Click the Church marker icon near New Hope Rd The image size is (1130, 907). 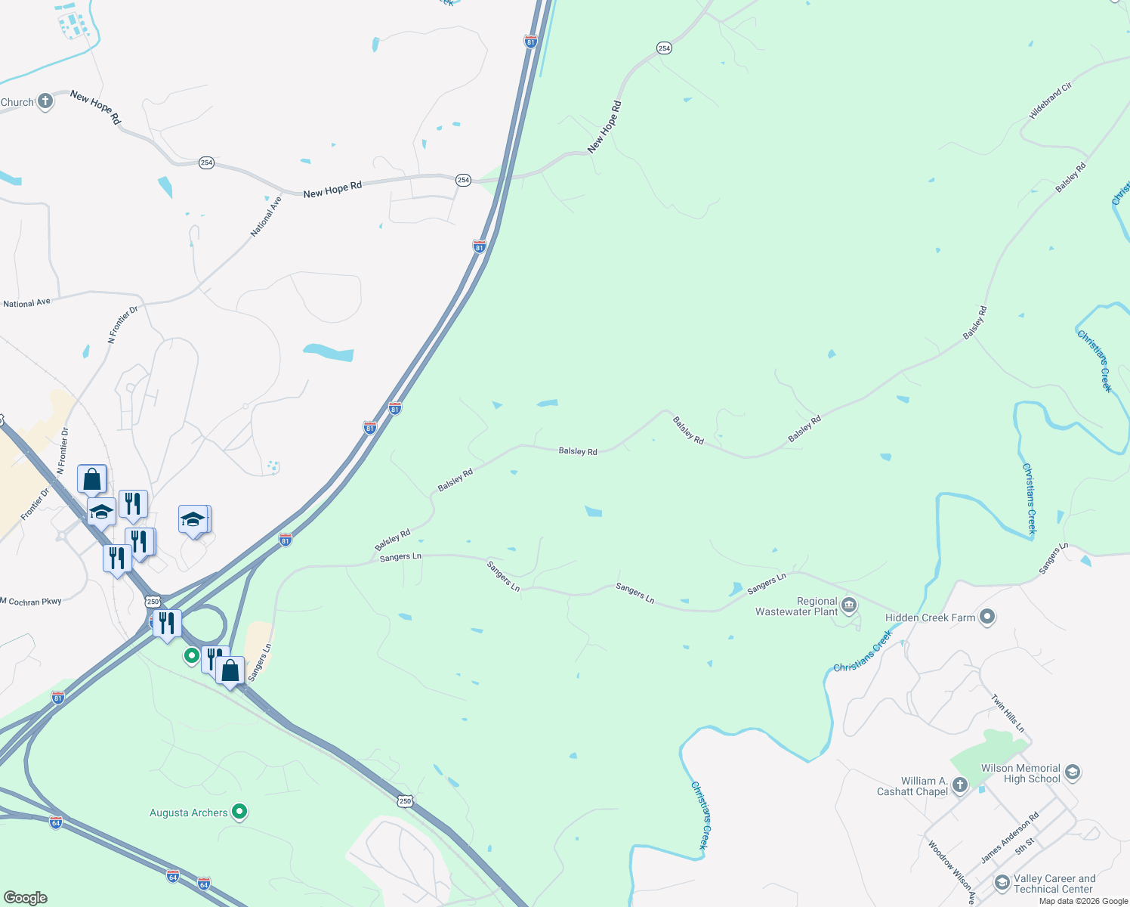click(x=45, y=101)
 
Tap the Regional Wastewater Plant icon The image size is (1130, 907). click(x=849, y=605)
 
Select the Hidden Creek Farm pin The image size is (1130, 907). click(x=987, y=617)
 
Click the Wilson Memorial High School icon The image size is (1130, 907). click(x=1073, y=772)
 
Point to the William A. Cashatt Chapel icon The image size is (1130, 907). click(x=960, y=785)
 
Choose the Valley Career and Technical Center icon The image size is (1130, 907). click(x=1002, y=882)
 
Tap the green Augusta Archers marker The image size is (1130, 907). click(x=239, y=812)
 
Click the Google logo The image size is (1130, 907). click(x=26, y=898)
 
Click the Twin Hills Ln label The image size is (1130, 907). click(x=1008, y=714)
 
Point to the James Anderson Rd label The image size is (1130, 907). click(x=1010, y=837)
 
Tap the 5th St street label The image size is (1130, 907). click(x=1025, y=846)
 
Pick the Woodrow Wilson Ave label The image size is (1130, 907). click(x=951, y=872)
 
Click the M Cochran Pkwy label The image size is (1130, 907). click(x=31, y=602)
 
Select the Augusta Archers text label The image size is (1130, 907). click(x=189, y=813)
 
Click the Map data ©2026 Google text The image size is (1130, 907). click(x=1083, y=901)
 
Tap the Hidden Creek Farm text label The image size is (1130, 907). click(x=930, y=618)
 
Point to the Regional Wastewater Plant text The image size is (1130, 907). click(x=797, y=606)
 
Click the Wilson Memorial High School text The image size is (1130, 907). click(x=1021, y=773)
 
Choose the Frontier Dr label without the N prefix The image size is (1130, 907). click(x=35, y=504)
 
